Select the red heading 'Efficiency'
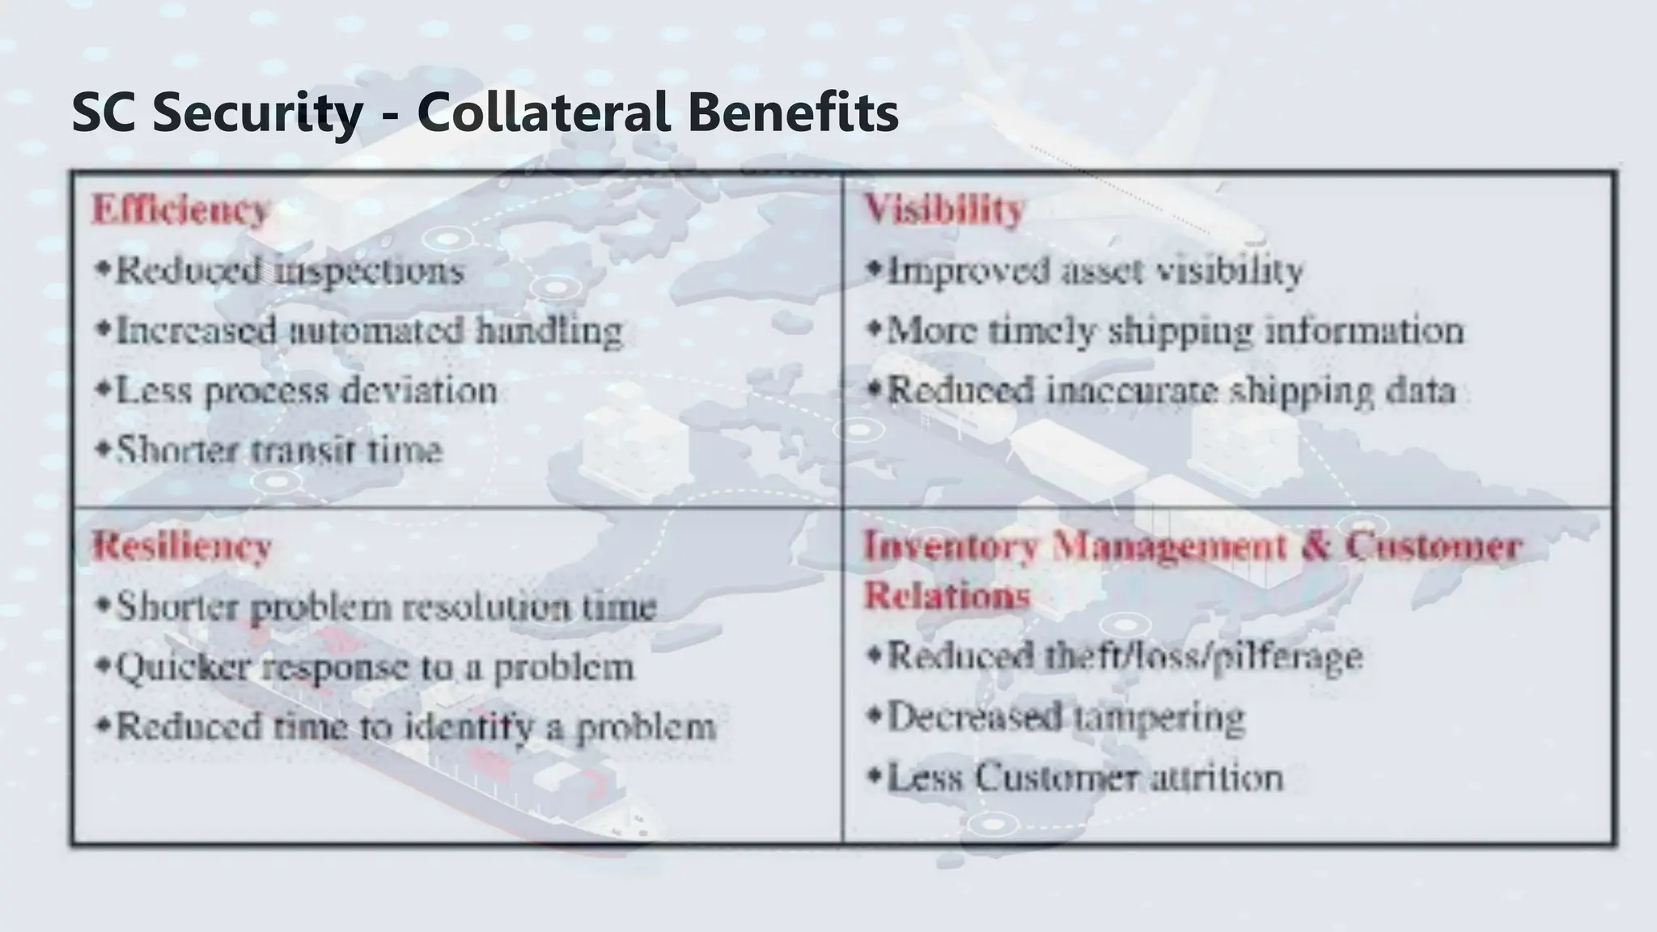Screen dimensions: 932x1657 click(x=180, y=210)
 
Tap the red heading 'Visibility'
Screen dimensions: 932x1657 click(x=944, y=210)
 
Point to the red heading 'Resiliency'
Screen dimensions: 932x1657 click(x=181, y=546)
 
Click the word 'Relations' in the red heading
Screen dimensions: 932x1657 click(x=947, y=595)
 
